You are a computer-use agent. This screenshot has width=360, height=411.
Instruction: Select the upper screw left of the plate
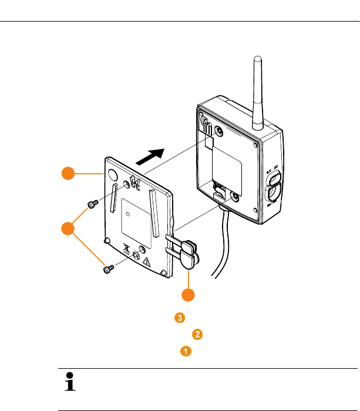(x=92, y=204)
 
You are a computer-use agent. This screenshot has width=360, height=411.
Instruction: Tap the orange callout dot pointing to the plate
(x=69, y=173)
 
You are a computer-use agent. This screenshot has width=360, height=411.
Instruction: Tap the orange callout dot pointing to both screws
(x=69, y=229)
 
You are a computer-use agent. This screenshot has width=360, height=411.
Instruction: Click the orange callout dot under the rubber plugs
(x=187, y=295)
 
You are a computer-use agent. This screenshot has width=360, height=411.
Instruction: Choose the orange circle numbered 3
(x=180, y=318)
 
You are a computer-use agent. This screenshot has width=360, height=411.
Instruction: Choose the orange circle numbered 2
(x=197, y=335)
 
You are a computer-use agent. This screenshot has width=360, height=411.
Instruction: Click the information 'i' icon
(x=70, y=383)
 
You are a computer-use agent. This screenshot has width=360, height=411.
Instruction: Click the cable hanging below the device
(x=220, y=247)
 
